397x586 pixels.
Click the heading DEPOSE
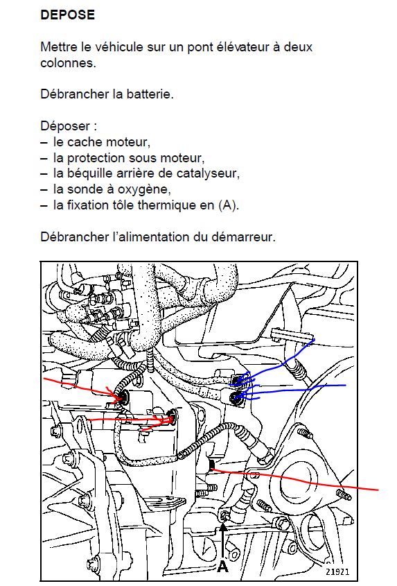(68, 15)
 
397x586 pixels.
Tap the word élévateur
(240, 47)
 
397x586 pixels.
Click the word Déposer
(65, 126)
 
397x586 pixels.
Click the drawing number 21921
(337, 572)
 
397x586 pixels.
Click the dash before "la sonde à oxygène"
(45, 190)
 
